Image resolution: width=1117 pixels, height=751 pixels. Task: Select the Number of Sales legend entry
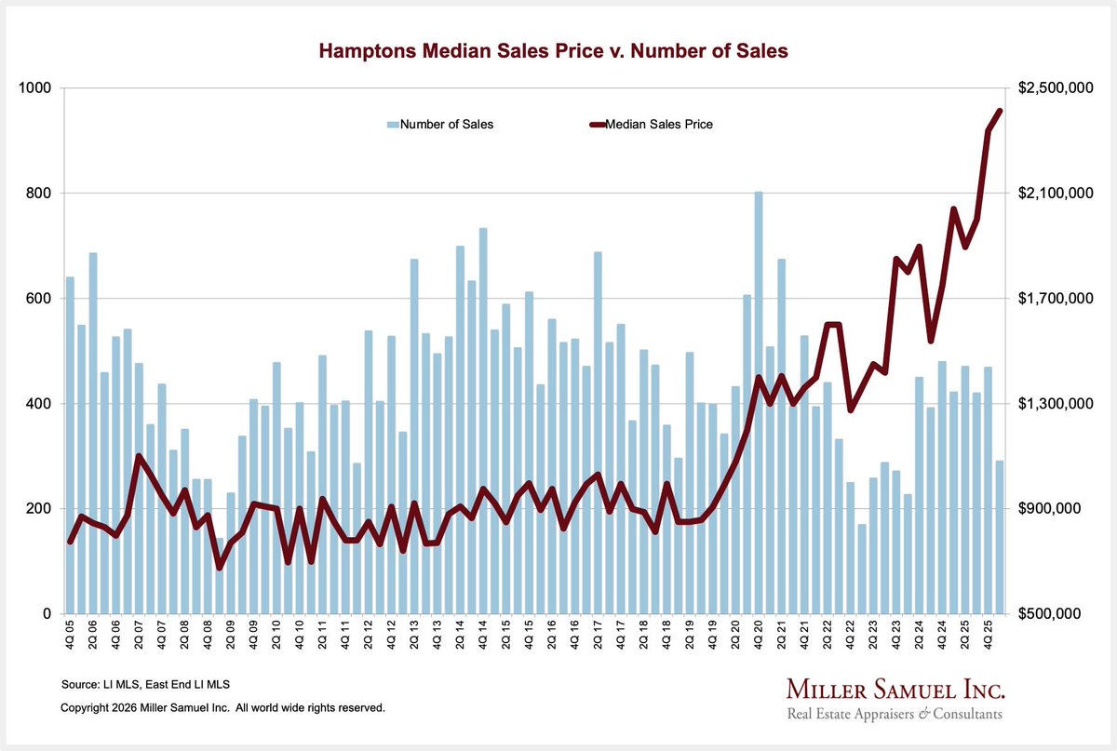[x=440, y=124]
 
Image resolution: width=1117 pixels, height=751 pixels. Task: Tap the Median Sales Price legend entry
[x=652, y=124]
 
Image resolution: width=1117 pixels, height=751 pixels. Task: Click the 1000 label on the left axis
[x=35, y=87]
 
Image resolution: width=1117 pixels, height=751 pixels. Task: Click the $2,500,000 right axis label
[x=1056, y=87]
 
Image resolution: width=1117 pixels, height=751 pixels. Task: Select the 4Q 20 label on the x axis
[x=759, y=635]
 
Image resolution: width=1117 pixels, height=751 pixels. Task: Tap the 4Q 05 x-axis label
[x=70, y=635]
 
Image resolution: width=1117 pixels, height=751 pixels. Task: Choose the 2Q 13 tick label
[x=414, y=635]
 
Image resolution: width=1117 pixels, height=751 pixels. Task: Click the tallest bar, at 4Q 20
[x=759, y=402]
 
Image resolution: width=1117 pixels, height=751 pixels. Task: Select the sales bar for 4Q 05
[x=70, y=445]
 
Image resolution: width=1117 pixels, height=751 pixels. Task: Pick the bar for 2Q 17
[x=598, y=433]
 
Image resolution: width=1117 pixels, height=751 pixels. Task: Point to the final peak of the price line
[x=1000, y=111]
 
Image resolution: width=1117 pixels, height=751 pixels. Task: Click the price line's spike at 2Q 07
[x=139, y=455]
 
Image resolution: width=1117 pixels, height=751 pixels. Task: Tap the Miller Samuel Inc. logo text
[x=895, y=690]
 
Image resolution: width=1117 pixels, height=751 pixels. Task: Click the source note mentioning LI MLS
[x=145, y=684]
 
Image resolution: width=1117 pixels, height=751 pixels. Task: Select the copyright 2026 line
[x=222, y=707]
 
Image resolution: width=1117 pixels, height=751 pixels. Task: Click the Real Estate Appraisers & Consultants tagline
[x=895, y=714]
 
